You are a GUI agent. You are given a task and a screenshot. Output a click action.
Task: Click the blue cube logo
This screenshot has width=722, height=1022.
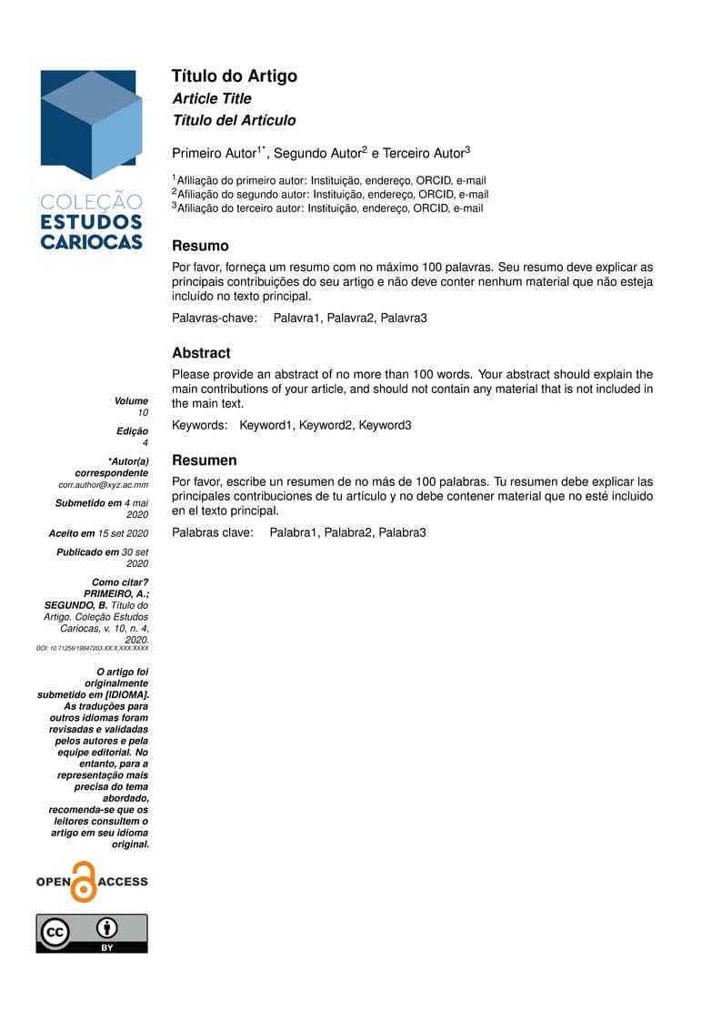pos(91,124)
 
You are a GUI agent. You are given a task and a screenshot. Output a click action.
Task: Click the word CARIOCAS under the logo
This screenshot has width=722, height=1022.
pos(91,241)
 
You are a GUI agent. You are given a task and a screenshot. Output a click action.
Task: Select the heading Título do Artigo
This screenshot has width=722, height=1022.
pos(235,76)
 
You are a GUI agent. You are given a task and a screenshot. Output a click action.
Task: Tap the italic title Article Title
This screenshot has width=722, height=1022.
pos(212,98)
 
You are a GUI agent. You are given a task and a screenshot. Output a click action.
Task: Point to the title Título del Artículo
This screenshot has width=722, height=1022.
pos(234,120)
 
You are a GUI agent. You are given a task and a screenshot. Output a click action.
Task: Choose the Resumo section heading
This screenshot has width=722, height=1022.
pos(200,246)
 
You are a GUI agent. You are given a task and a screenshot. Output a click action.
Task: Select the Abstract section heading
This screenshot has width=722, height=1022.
pos(201,353)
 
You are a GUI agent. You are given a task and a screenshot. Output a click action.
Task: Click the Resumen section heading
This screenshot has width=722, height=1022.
pos(205,460)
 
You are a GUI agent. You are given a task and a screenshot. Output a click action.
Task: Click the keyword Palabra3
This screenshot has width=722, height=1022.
pos(402,531)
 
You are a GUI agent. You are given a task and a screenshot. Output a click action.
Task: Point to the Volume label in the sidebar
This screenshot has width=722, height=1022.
pos(131,400)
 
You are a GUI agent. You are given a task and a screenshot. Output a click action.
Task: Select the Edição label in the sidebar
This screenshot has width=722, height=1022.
pos(132,430)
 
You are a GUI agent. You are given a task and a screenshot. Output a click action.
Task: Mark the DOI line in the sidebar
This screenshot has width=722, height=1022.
pos(92,649)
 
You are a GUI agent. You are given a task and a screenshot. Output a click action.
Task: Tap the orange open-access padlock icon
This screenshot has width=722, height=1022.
pos(84,882)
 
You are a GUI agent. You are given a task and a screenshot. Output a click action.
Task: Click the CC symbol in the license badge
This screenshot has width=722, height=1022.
pos(56,933)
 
